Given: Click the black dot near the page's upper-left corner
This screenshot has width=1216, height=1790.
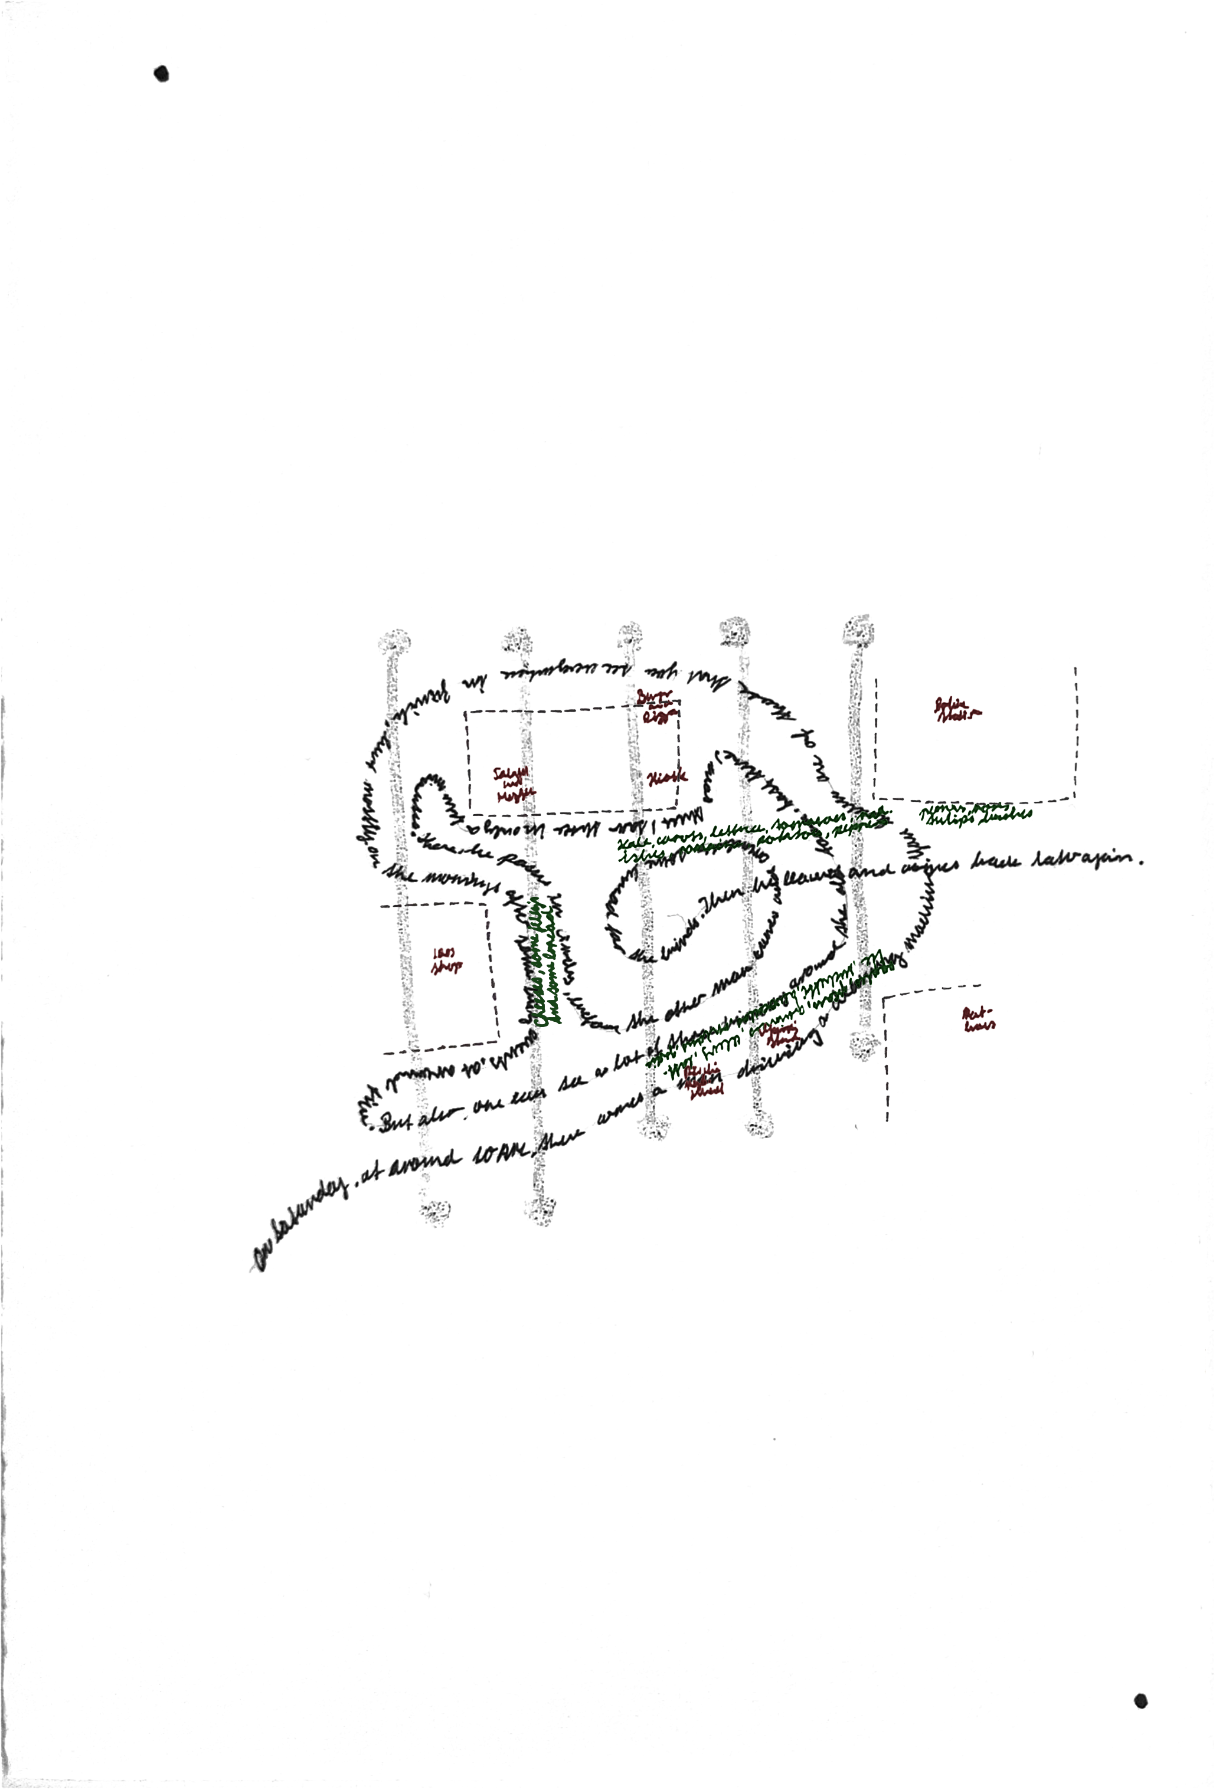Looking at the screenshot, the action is point(162,74).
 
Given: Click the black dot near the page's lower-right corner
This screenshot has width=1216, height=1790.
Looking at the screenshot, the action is point(1141,1702).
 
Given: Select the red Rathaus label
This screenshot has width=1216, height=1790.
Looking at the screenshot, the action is point(979,1019).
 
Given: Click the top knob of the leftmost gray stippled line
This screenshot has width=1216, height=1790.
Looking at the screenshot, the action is point(394,641).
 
